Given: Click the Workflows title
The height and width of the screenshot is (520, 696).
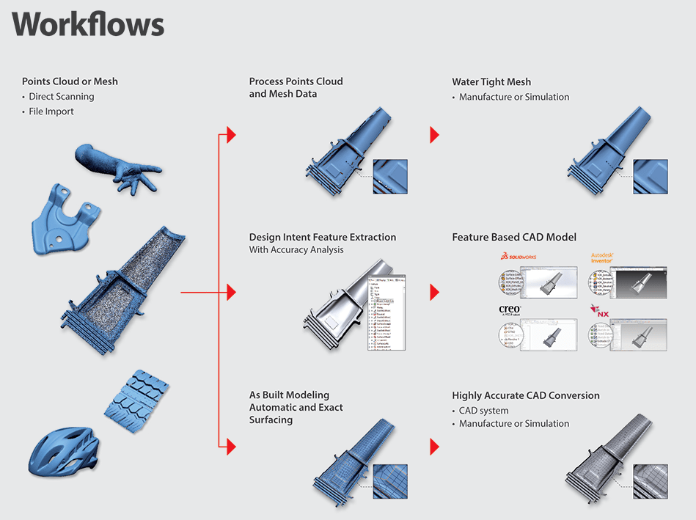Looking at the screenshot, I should tap(88, 24).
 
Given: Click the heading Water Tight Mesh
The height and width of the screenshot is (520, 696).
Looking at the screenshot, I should tap(491, 82).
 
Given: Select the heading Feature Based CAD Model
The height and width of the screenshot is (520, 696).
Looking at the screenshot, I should tap(513, 238).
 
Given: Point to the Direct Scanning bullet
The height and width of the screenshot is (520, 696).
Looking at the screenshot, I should tap(62, 97).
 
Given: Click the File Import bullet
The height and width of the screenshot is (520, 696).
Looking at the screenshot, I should tap(51, 111).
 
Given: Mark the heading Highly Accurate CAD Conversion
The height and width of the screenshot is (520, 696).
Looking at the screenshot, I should tap(525, 395).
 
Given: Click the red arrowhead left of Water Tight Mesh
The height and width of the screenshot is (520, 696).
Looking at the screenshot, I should tap(434, 135).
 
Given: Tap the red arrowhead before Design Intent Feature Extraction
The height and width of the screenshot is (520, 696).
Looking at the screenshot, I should tap(231, 293).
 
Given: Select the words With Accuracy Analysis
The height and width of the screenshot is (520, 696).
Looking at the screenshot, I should tap(296, 250).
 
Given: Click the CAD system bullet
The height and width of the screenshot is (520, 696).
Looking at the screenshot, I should tap(483, 411).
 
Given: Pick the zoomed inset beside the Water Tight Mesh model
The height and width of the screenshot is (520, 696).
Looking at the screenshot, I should tap(651, 177).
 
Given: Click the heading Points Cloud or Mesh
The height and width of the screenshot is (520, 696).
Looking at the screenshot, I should tap(70, 81).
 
